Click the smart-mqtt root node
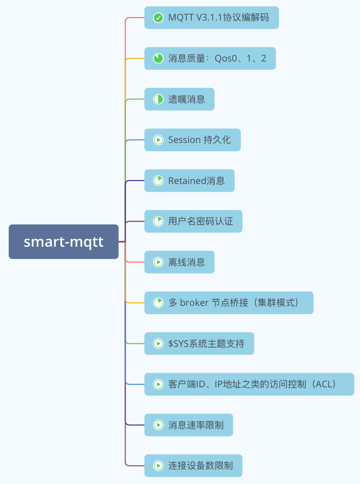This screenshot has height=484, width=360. pos(63,241)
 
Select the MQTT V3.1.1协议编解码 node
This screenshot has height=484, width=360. pos(211,18)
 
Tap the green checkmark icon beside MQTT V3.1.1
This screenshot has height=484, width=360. pos(158,18)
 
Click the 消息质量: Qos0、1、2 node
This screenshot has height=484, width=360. pos(210,59)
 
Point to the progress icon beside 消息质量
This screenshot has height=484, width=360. pos(158,59)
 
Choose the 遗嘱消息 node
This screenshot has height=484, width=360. pos(179,99)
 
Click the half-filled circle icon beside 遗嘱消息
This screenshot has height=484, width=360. pos(158,99)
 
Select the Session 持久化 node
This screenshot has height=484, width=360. pos(192,140)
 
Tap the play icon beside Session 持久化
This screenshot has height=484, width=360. pos(158,140)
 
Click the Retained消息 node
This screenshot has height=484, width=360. pos(189,180)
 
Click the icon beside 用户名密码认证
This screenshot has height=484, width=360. pos(158,221)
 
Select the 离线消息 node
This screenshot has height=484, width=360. pos(179,262)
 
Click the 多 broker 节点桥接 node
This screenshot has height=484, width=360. pos(229,303)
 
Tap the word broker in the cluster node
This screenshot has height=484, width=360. pos(193,303)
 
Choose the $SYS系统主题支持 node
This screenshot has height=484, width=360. pos(199,343)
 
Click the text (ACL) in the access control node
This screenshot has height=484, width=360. pos(323,384)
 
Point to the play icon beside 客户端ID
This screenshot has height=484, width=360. pos(158,384)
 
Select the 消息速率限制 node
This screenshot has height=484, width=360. pos(188,425)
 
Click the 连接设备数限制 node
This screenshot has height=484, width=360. pos(193,466)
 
